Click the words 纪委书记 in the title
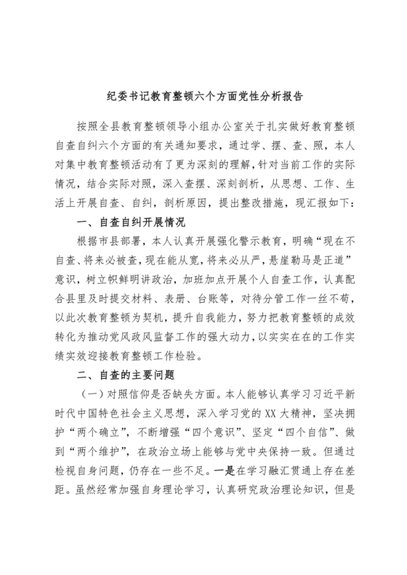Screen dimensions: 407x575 click(122, 95)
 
